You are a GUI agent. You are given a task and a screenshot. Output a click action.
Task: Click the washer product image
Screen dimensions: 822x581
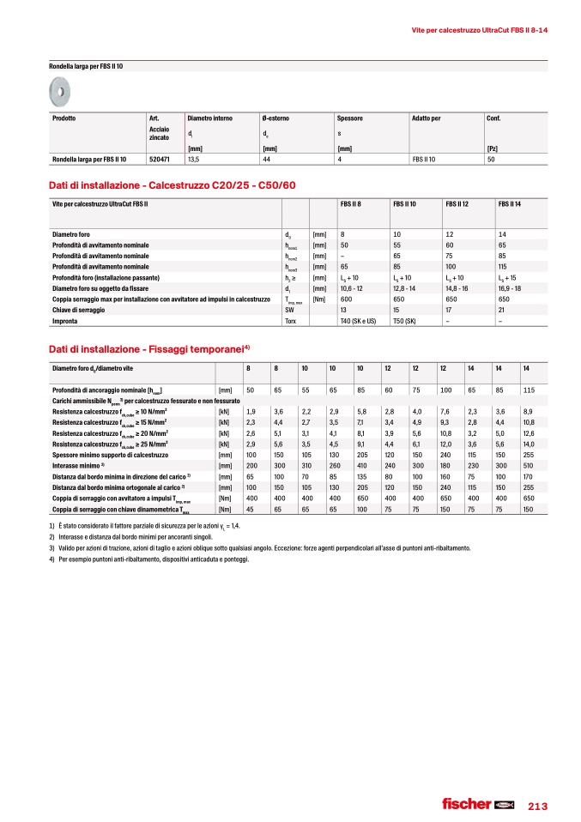click(x=62, y=87)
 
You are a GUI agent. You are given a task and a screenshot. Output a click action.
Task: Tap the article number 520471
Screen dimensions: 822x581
click(x=158, y=159)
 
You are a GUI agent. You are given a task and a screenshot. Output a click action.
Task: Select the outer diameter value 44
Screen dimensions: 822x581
click(x=267, y=159)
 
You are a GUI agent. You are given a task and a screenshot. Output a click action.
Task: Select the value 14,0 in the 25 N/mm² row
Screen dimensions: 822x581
click(x=529, y=444)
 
